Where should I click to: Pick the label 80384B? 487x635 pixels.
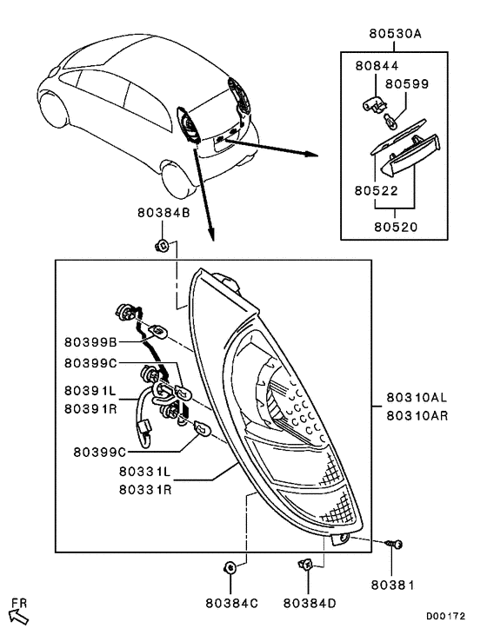coord(162,212)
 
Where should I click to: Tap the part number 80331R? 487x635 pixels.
coord(150,489)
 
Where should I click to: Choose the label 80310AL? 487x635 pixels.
coord(417,400)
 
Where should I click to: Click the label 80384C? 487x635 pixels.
coord(232,600)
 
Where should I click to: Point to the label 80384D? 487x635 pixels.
coord(309,600)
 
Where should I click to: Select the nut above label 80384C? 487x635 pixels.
coord(230,568)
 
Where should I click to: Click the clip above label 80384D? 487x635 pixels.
coord(307,566)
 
